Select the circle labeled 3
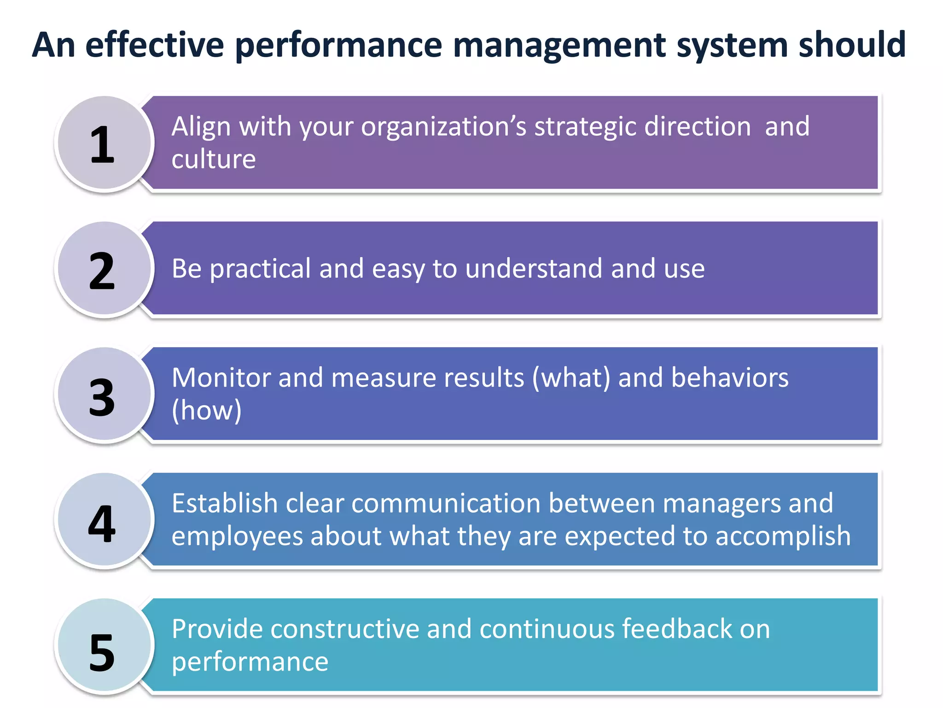tap(104, 395)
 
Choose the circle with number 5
tap(104, 646)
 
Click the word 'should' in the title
tap(852, 45)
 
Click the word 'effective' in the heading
tap(155, 45)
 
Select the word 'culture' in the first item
tap(213, 159)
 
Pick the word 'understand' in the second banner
tap(533, 269)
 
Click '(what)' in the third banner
tap(571, 378)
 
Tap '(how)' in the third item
tap(206, 410)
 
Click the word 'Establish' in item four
tap(224, 503)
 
